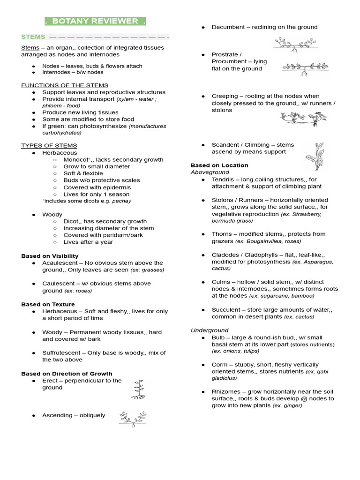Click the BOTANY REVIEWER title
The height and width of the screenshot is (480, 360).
tap(95, 21)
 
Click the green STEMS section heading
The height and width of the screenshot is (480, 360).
tap(33, 37)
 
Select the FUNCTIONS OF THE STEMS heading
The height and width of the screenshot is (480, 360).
tap(65, 85)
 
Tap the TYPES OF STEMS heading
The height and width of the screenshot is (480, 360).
tap(49, 146)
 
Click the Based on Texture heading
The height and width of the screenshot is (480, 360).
tap(48, 304)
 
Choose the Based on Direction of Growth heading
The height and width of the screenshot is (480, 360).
tap(67, 374)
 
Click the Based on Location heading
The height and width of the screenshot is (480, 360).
tap(219, 165)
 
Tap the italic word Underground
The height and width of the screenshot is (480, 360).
tap(210, 330)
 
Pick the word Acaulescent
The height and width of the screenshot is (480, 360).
tap(60, 263)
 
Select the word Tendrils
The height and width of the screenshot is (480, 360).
tap(225, 180)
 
